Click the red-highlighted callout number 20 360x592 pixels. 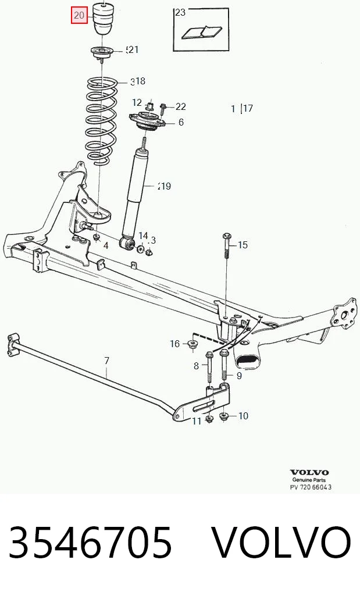tap(79, 16)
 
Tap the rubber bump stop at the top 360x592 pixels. tap(103, 19)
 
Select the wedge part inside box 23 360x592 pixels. tap(202, 32)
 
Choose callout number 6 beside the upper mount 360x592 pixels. tap(181, 122)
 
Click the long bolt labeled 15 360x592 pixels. tap(226, 246)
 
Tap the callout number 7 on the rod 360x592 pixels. tap(106, 361)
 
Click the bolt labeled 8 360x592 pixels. tap(209, 366)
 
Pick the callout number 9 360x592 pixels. tap(239, 376)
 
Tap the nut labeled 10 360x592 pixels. tap(224, 416)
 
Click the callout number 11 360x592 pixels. tap(197, 421)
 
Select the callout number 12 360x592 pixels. tap(137, 103)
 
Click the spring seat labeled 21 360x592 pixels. tap(101, 52)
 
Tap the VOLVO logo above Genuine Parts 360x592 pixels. tap(309, 472)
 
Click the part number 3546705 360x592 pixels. tap(90, 543)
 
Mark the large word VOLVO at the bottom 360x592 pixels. tap(281, 543)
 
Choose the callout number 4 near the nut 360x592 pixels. tap(106, 246)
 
